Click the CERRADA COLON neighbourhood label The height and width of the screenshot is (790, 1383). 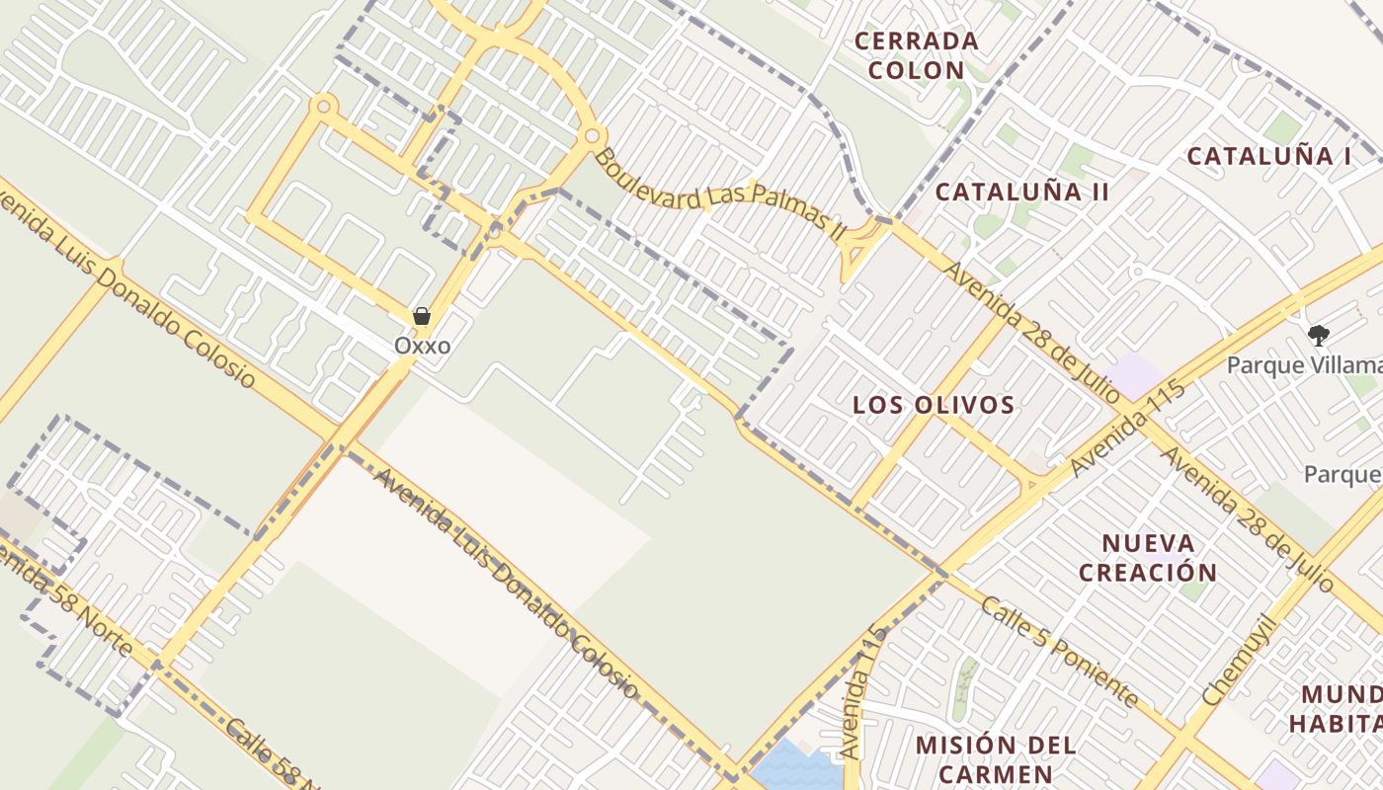coord(916,55)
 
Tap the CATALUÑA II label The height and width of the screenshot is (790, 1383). coord(1021,192)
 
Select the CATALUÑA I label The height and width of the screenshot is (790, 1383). coord(1268,156)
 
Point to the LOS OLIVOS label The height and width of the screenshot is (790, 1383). coord(934,405)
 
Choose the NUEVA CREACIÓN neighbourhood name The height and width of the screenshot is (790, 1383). coord(1148,558)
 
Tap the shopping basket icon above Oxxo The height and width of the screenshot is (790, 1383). coord(422,316)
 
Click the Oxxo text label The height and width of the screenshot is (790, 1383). coord(422,346)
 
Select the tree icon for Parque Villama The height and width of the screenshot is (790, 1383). coord(1318,336)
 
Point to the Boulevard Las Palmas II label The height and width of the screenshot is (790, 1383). coord(720,194)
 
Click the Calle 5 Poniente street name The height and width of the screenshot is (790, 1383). coord(1058,653)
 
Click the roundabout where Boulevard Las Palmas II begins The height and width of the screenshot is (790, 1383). coord(592,135)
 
